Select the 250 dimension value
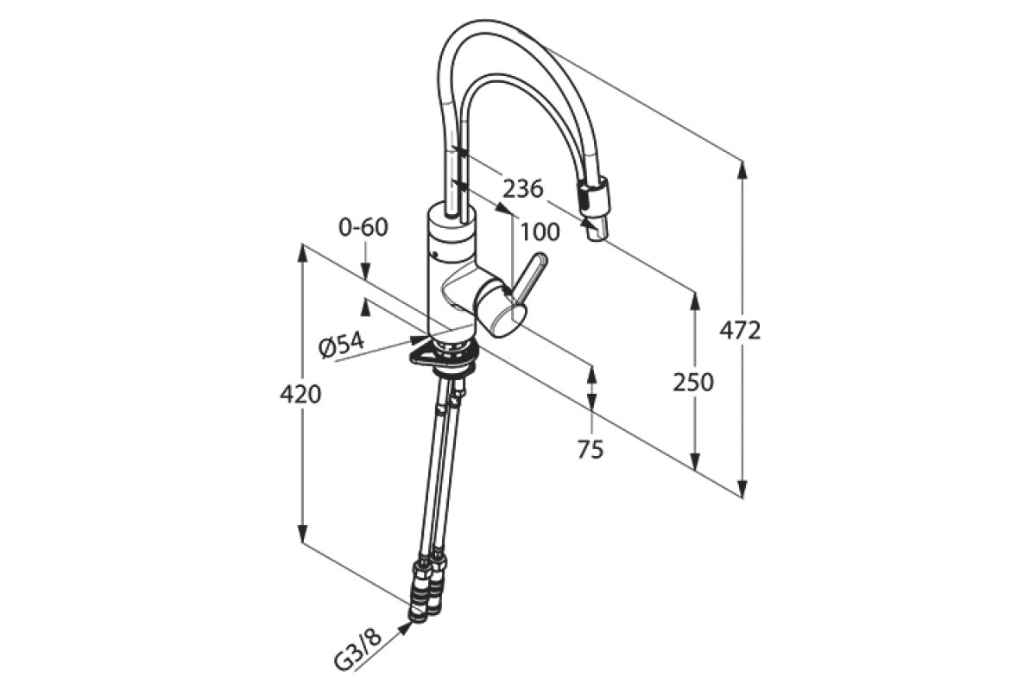point(693,382)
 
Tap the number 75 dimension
point(591,449)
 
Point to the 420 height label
point(300,395)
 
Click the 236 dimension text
point(523,188)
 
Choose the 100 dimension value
point(540,231)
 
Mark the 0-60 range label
point(363,227)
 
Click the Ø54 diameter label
point(341,345)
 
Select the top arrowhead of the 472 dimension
point(742,169)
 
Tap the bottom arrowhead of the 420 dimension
point(301,533)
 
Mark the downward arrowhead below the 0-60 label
point(365,269)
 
